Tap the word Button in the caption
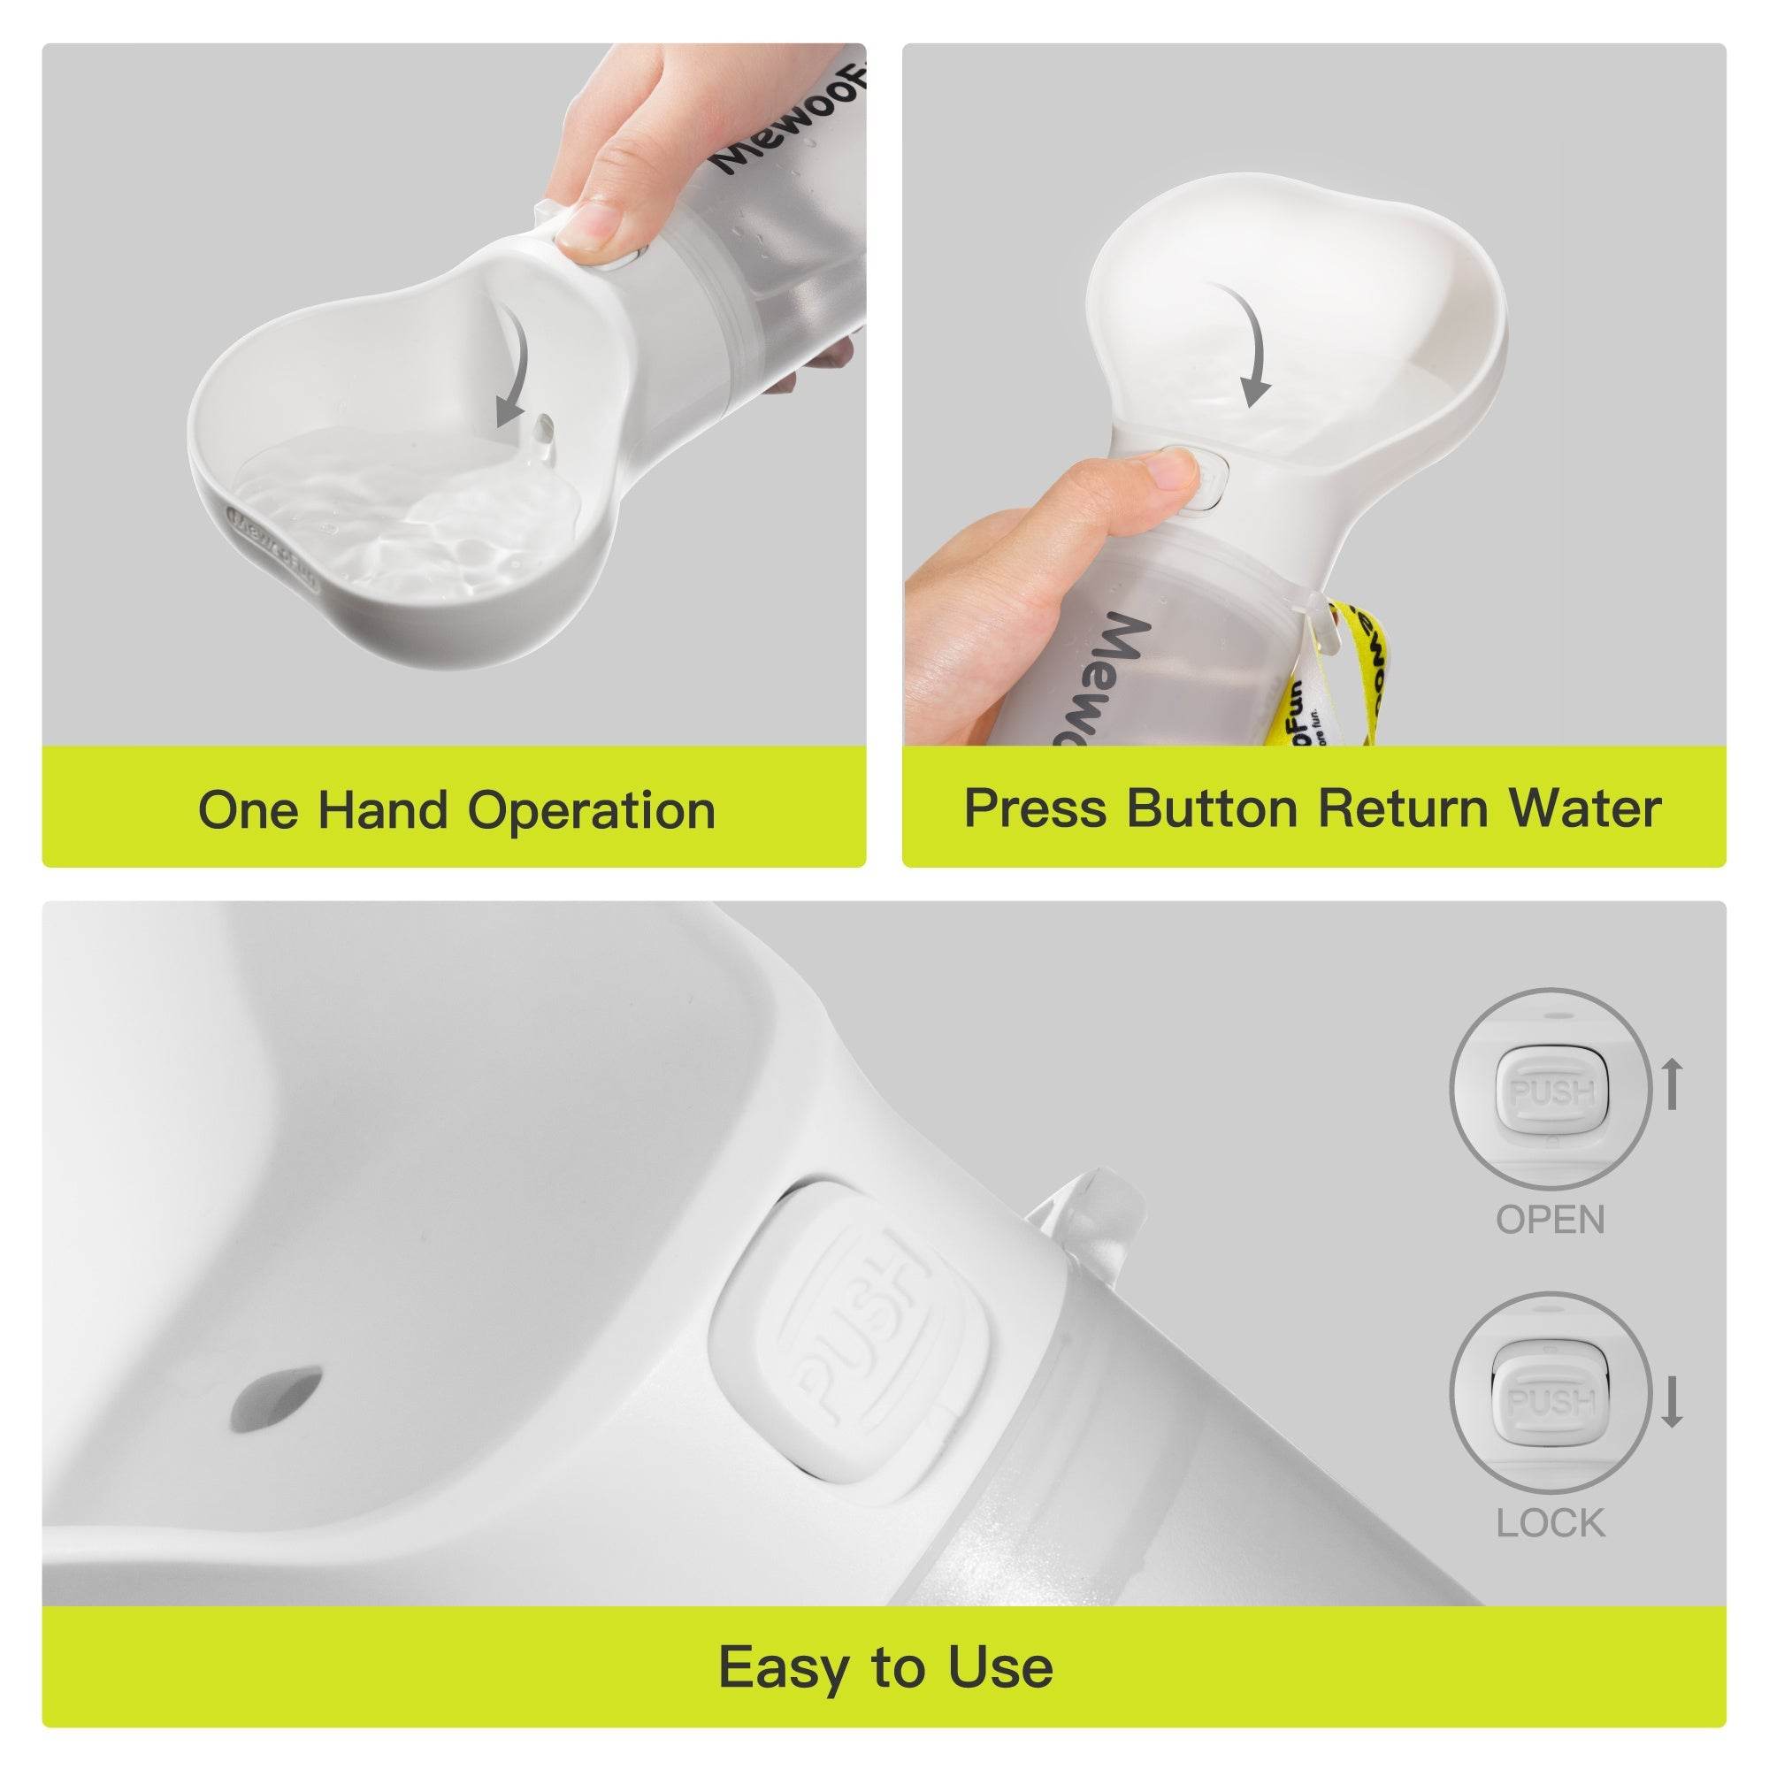pos(1212,808)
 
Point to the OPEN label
pos(1551,1220)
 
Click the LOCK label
pos(1551,1524)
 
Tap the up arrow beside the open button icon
pos(1672,1084)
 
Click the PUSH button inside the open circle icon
pos(1552,1092)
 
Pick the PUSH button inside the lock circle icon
pos(1552,1402)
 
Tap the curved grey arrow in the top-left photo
pos(516,366)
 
